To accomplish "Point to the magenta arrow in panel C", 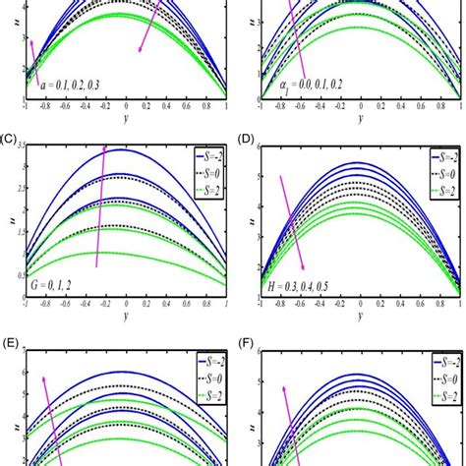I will (100, 206).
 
